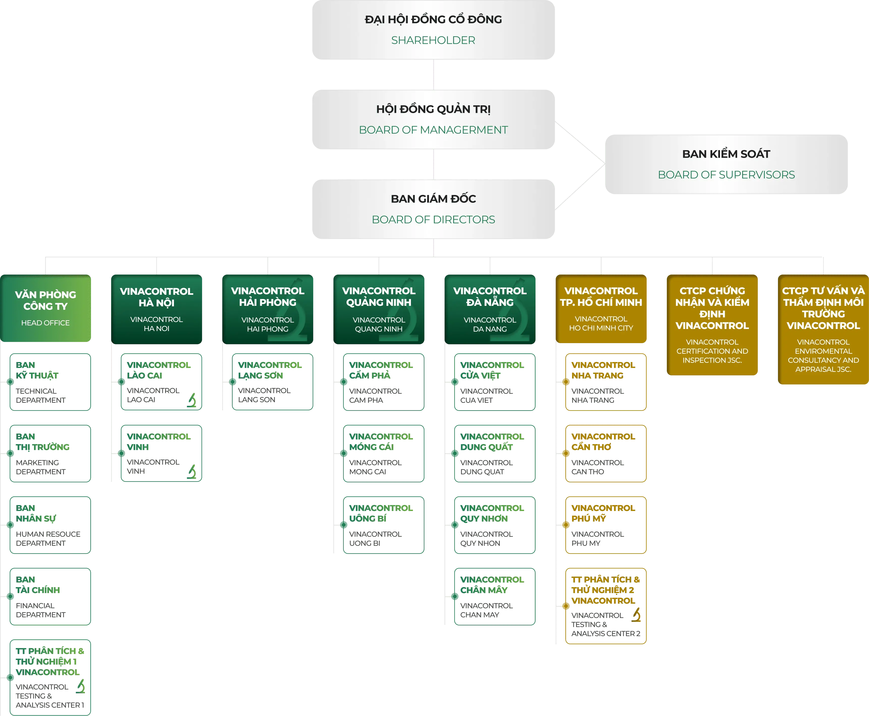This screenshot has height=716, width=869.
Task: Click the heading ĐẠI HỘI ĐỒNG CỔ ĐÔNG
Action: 433,19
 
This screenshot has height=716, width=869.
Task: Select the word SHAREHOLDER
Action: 433,40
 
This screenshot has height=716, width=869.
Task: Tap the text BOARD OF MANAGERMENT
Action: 433,130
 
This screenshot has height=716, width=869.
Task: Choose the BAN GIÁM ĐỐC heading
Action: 433,199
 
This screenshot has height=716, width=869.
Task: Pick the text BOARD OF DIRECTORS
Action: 433,219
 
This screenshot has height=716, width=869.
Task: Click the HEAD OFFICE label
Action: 45,323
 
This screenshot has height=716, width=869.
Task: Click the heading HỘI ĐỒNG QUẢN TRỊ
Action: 433,109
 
